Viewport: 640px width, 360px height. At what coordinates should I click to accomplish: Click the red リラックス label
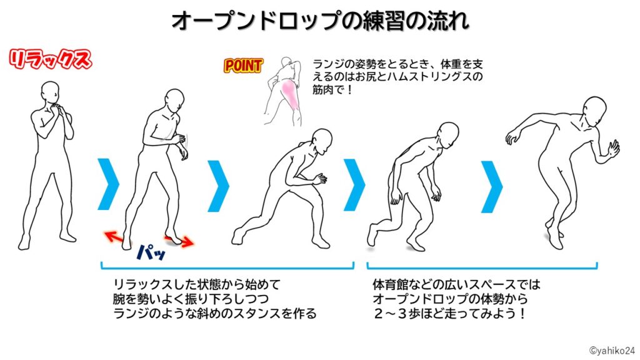pos(49,61)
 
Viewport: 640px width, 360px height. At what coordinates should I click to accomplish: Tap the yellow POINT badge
pos(243,66)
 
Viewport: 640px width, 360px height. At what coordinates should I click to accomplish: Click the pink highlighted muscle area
pos(291,94)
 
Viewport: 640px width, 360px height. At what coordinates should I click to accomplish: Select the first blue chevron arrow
pos(108,184)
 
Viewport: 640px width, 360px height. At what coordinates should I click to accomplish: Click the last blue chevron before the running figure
pos(492,184)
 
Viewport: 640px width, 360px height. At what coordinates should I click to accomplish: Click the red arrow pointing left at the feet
pos(113,236)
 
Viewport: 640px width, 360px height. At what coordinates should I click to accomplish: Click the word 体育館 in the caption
pos(386,284)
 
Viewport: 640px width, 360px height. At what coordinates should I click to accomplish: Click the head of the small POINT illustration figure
pos(286,65)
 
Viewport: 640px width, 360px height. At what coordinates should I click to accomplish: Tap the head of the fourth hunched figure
pos(448,134)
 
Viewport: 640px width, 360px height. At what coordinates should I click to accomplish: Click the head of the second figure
pos(175,101)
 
